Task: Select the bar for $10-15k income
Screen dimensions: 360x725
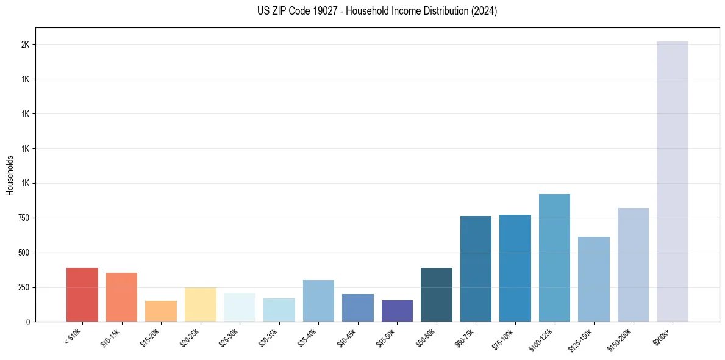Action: (121, 297)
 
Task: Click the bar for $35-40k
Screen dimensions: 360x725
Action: (318, 301)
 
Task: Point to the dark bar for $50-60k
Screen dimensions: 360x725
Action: (437, 295)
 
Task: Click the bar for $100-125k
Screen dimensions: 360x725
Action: (554, 257)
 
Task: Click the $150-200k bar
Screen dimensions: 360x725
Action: (633, 265)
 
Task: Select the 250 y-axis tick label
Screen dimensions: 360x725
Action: (24, 287)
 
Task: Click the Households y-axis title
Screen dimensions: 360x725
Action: (10, 175)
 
